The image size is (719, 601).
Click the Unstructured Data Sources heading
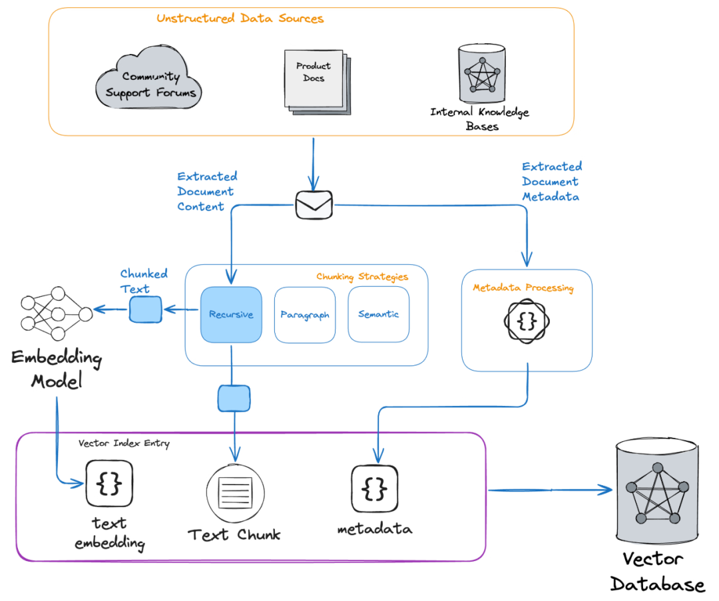point(240,19)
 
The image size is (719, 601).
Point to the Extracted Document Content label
point(207,192)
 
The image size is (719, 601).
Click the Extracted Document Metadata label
point(551,181)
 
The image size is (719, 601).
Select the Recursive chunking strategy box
point(231,315)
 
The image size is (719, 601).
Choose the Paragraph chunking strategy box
point(305,315)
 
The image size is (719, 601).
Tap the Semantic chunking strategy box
point(378,314)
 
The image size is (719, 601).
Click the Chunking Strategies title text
point(362,276)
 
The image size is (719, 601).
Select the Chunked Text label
point(144,281)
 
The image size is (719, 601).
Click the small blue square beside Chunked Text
point(145,308)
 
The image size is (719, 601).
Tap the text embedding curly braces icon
point(109,483)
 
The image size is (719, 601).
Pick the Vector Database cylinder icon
point(656,491)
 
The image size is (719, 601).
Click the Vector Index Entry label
point(124,443)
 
